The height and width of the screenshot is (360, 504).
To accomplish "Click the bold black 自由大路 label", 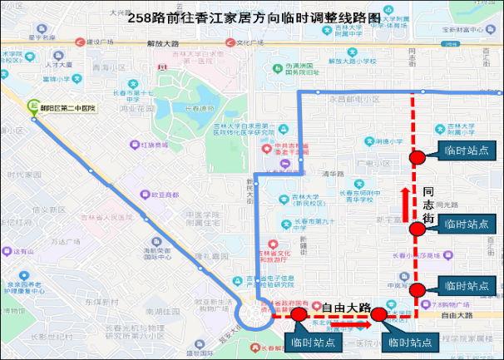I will [x=346, y=307].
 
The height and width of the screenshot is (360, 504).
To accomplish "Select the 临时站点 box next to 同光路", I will [x=465, y=224].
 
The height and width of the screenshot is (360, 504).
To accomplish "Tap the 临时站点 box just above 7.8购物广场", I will [x=466, y=287].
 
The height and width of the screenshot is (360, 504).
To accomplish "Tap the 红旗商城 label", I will [x=154, y=145].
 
